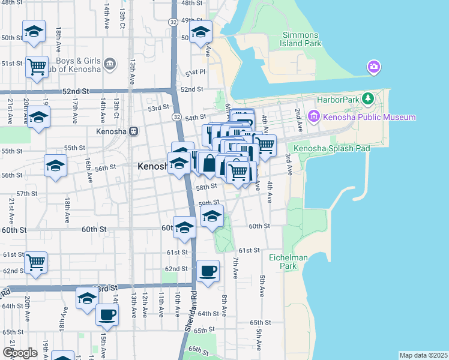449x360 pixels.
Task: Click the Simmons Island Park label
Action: click(x=302, y=39)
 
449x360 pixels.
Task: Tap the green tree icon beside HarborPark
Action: click(x=372, y=98)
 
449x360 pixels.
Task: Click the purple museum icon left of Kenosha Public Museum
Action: click(x=313, y=116)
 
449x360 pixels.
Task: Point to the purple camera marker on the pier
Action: click(x=373, y=67)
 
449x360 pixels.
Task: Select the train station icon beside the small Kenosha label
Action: click(x=134, y=131)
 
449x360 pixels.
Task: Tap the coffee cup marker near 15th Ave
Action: click(x=107, y=314)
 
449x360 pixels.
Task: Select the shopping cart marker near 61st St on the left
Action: click(x=35, y=261)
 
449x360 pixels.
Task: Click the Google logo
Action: click(x=20, y=353)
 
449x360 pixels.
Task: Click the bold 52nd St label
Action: click(x=76, y=91)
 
